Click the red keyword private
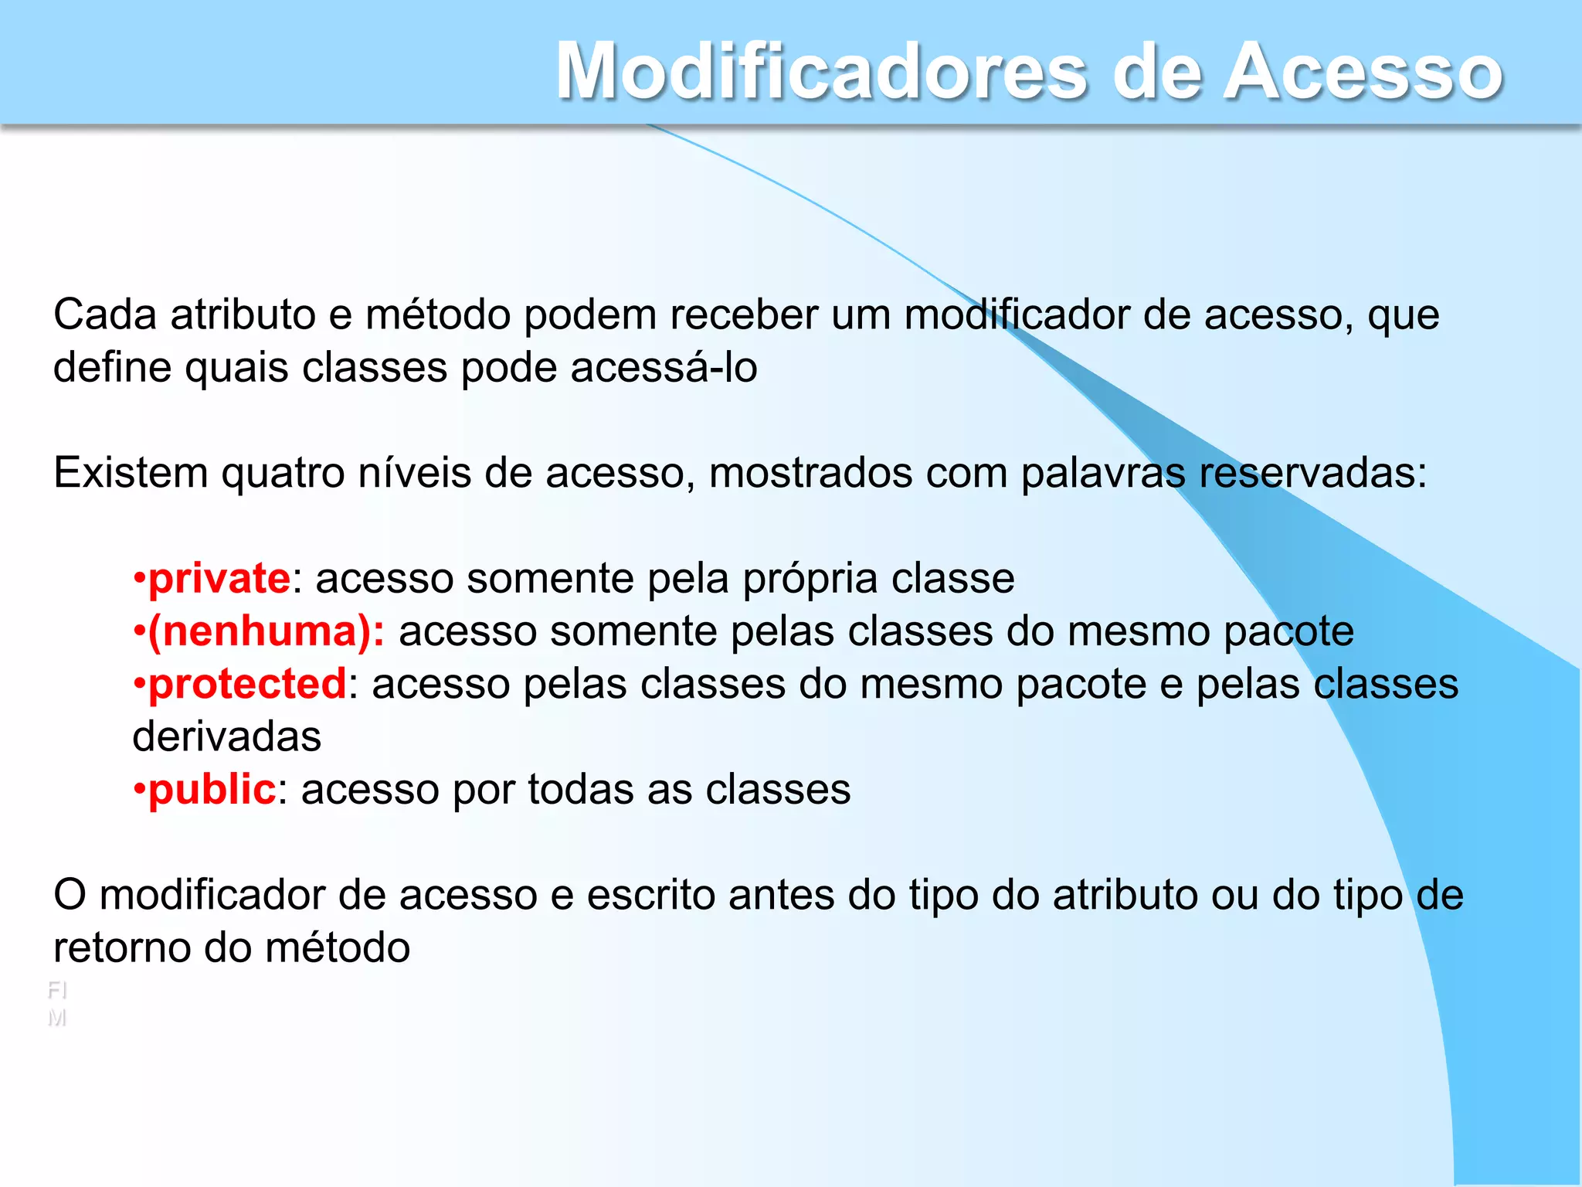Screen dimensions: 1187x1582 pos(219,579)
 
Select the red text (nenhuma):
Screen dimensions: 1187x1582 pos(266,631)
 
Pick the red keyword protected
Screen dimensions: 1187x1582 pos(247,684)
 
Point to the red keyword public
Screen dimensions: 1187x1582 pos(212,790)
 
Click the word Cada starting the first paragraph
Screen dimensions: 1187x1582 pos(104,315)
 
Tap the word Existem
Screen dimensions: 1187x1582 pos(131,473)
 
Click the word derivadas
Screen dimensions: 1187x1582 pos(226,737)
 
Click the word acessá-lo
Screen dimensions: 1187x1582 pos(664,368)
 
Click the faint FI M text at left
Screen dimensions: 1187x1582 pos(57,1004)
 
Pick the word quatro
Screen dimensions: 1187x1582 pos(283,473)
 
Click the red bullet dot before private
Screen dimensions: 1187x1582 pos(139,579)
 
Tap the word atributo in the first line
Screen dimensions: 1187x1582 pos(243,315)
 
